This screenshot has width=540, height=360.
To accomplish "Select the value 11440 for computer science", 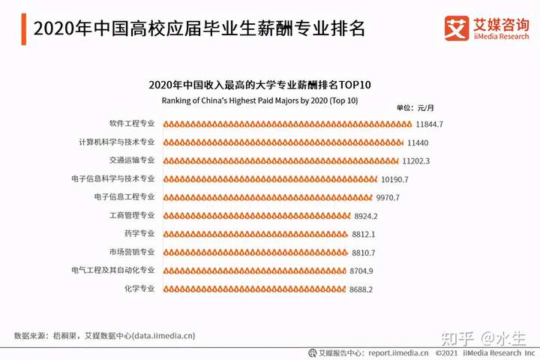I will (x=418, y=142).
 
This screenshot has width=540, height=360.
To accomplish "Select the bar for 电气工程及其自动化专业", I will (x=252, y=270).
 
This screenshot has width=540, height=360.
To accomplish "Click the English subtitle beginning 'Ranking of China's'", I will (x=259, y=100).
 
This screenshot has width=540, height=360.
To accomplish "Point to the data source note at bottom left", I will (x=104, y=335).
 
